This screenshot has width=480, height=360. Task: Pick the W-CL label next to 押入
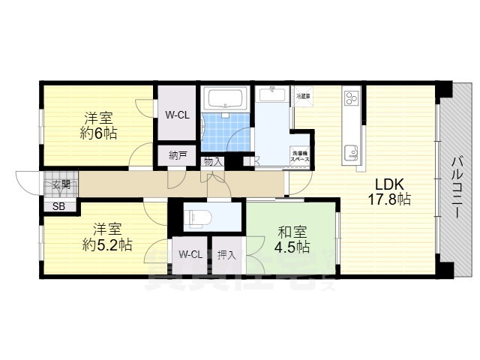(x=190, y=255)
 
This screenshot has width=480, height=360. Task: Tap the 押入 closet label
(x=226, y=255)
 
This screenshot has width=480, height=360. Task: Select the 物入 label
(x=212, y=161)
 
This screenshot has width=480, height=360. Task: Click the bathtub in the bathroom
(x=225, y=100)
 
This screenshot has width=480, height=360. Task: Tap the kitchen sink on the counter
(x=351, y=154)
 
